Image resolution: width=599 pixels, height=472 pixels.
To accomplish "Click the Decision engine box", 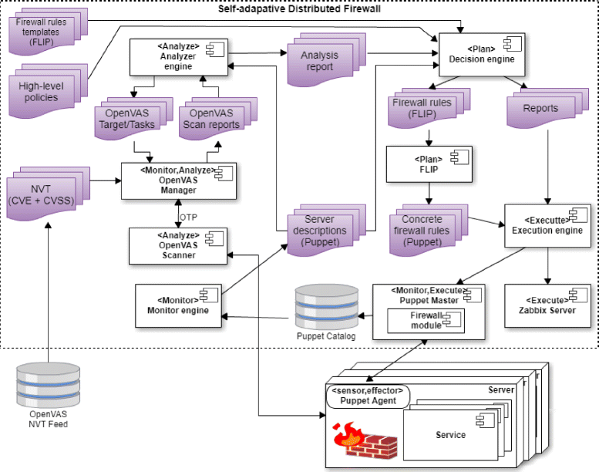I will (x=481, y=52).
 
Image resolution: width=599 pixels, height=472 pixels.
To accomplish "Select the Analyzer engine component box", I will (x=178, y=58).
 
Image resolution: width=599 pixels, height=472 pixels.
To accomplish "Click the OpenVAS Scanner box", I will (x=178, y=244).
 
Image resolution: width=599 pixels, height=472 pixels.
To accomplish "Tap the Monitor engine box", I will (x=178, y=303).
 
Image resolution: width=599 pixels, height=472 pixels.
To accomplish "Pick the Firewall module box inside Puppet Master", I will (x=426, y=320).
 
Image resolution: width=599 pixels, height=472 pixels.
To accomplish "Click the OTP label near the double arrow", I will (x=189, y=217).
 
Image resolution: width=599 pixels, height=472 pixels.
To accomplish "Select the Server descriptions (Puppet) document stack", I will (x=325, y=231).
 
